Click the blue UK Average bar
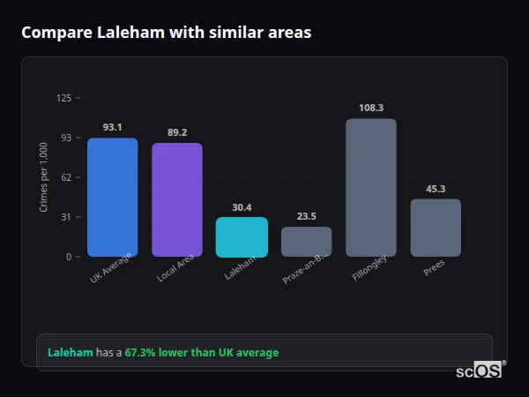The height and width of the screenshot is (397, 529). point(112,198)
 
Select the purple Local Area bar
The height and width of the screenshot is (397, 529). point(177,200)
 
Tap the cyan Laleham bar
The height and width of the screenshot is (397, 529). point(242,237)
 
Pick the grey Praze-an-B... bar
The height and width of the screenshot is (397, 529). point(306,242)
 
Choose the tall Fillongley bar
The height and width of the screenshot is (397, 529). point(371,188)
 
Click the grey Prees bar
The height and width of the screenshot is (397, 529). point(436,228)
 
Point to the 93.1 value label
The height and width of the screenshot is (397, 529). point(112,127)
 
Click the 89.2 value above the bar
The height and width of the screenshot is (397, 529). point(177,132)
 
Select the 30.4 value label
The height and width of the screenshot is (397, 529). point(242,207)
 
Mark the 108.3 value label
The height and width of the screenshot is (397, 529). point(371,108)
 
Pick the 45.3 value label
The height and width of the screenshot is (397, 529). point(436,189)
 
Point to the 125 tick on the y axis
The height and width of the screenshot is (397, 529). point(63,98)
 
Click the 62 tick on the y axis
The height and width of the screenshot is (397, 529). point(66,177)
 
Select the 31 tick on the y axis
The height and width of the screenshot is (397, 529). point(66,217)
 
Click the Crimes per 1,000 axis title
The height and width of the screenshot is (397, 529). point(43,178)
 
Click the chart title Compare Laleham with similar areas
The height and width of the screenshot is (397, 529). point(166,33)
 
